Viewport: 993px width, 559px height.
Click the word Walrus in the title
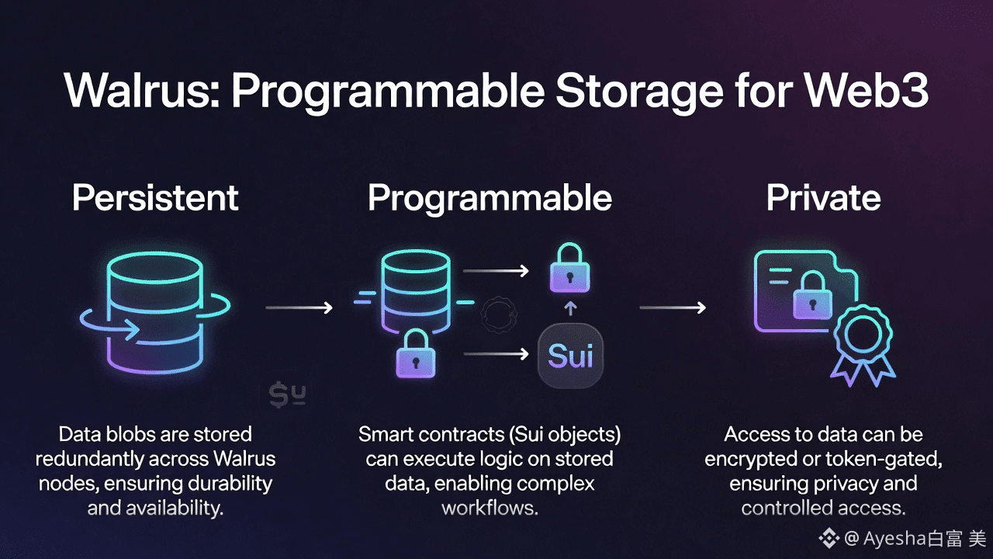[138, 92]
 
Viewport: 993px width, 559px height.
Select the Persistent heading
[155, 198]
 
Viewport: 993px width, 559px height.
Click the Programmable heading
[490, 198]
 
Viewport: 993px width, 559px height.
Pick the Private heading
[823, 198]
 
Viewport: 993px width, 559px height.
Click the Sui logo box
[570, 357]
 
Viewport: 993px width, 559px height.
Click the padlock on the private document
[811, 295]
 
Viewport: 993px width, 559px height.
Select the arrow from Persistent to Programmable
[299, 308]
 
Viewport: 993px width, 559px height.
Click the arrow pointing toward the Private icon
[672, 308]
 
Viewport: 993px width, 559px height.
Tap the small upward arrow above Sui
[570, 309]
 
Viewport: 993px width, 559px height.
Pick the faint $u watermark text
[287, 395]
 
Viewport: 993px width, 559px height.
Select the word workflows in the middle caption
[490, 509]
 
